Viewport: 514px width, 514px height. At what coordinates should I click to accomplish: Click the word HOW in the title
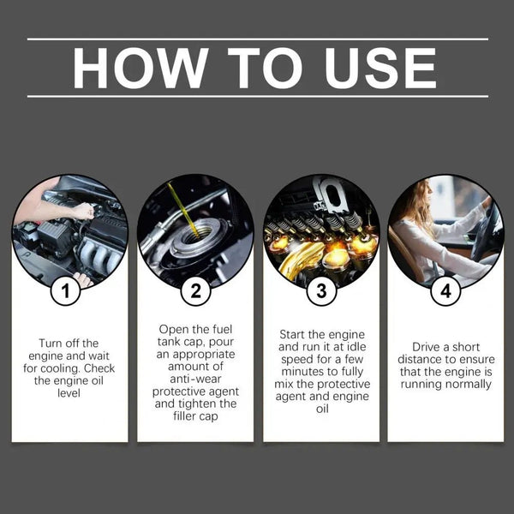(x=140, y=68)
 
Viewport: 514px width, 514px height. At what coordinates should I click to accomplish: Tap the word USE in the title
(x=380, y=68)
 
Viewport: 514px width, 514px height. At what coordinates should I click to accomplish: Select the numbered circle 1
(x=66, y=291)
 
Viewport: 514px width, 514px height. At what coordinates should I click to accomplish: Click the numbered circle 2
(x=195, y=291)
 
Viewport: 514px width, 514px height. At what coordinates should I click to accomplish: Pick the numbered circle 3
(x=321, y=291)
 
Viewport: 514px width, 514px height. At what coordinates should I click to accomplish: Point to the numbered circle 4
(x=445, y=291)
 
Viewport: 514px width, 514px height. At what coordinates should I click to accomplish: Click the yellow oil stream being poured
(x=183, y=210)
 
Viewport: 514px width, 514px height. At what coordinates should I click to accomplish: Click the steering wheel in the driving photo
(x=486, y=230)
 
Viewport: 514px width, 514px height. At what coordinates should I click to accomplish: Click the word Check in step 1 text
(x=99, y=368)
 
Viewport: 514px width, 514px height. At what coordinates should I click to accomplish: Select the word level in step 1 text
(x=69, y=393)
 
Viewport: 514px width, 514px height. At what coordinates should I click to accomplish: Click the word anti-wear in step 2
(x=195, y=379)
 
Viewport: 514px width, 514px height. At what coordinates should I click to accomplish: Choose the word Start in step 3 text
(x=292, y=334)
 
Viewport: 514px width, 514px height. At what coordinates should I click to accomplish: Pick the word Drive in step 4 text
(x=427, y=347)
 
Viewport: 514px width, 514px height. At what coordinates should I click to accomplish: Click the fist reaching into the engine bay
(x=84, y=211)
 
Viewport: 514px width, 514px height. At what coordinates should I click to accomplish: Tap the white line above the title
(x=258, y=39)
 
